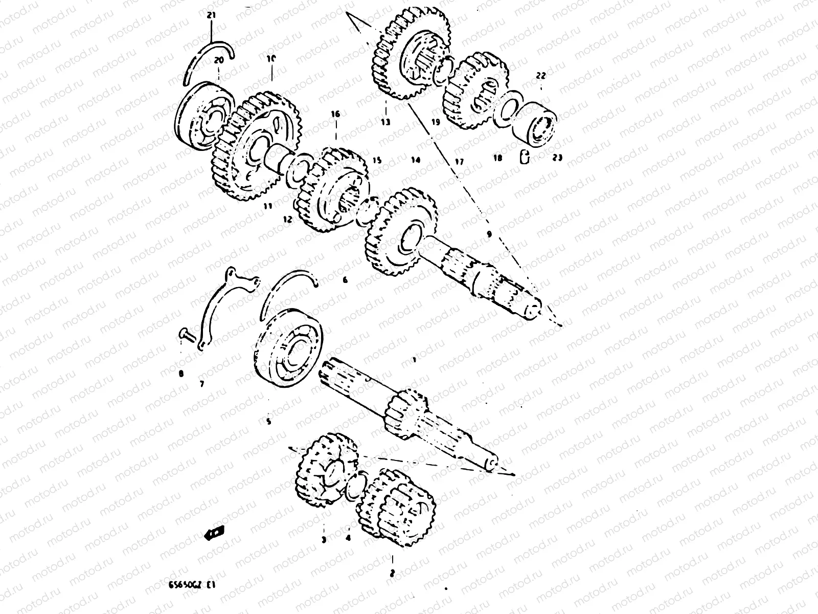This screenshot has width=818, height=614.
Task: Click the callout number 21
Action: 211,15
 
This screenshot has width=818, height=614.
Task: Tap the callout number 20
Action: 219,60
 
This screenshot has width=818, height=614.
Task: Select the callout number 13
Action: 385,122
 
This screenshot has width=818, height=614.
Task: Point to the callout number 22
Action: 541,75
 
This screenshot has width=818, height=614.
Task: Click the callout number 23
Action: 557,158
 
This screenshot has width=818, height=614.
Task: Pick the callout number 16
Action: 335,115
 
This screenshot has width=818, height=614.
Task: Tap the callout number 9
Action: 489,234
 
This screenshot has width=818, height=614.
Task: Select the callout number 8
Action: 181,374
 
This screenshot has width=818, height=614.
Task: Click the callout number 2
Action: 392,574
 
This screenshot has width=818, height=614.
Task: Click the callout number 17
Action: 459,162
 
